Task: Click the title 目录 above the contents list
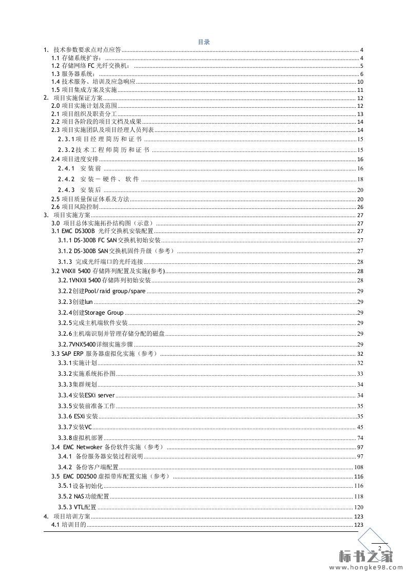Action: pyautogui.click(x=204, y=42)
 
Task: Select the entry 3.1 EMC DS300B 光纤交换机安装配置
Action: pyautogui.click(x=102, y=231)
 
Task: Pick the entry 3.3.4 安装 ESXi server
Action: pyautogui.click(x=86, y=395)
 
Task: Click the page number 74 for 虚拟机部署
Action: pyautogui.click(x=360, y=438)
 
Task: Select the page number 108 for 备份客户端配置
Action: pyautogui.click(x=359, y=467)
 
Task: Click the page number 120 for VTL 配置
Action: pyautogui.click(x=359, y=507)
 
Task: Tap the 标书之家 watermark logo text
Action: pyautogui.click(x=365, y=557)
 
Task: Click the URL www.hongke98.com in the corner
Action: pyautogui.click(x=365, y=568)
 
